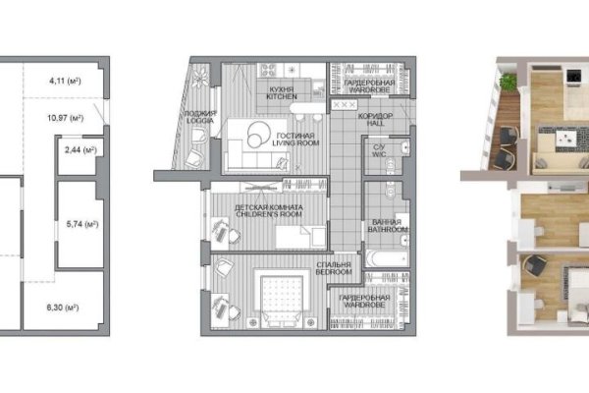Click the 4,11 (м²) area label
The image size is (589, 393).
coord(65,81)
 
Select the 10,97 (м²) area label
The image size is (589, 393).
coord(66,118)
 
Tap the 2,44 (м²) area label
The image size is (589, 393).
coord(80,150)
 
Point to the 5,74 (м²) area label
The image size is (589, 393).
coord(82,225)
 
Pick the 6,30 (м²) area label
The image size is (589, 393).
coord(63,308)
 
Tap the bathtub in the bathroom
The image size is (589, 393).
coord(387,258)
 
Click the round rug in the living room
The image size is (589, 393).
coord(258,135)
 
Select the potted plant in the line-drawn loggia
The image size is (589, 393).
coord(199,78)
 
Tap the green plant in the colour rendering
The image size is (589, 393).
coord(508,81)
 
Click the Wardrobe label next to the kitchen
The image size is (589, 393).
coord(369,86)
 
